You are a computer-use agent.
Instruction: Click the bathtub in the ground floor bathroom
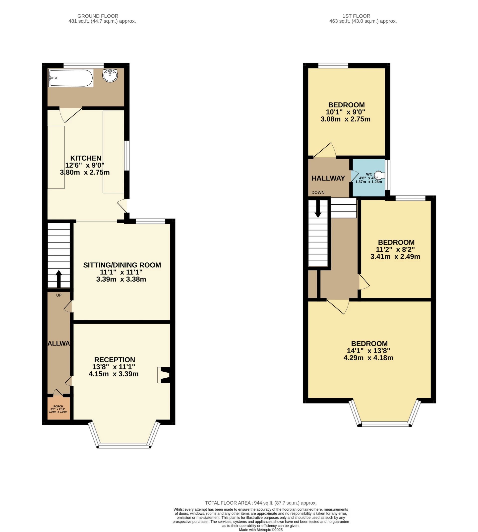tap(70, 78)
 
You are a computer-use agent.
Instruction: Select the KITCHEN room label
tap(86, 158)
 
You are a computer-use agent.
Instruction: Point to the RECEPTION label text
tap(115, 359)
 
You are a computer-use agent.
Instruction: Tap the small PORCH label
tap(58, 406)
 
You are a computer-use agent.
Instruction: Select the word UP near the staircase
tap(59, 295)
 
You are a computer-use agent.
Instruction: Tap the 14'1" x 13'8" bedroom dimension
tap(368, 351)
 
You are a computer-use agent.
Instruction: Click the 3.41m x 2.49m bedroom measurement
tap(395, 257)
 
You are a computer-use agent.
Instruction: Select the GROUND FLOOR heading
tap(98, 16)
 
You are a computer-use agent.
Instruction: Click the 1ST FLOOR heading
tap(356, 16)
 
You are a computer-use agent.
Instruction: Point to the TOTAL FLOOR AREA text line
tap(261, 503)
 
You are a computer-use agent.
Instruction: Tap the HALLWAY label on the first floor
tap(328, 178)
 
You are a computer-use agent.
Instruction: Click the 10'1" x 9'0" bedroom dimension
tap(345, 112)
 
